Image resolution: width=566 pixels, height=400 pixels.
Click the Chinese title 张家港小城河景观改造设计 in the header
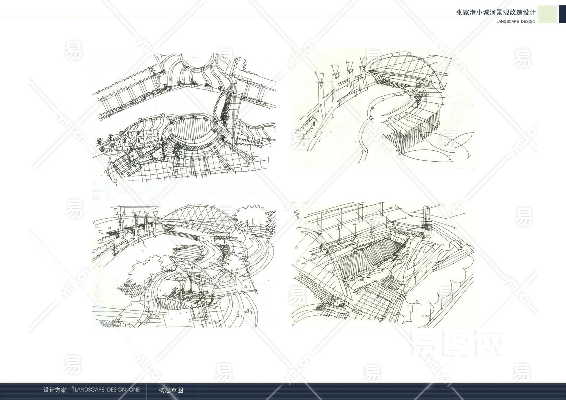pos(496,12)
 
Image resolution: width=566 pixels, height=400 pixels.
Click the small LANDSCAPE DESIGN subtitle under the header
pos(516,22)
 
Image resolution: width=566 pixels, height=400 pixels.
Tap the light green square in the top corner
pos(547,14)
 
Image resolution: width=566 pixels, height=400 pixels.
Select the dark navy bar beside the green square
pos(562,14)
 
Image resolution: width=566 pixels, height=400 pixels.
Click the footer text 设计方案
pos(55,390)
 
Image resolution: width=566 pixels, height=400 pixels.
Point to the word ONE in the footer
pos(134,390)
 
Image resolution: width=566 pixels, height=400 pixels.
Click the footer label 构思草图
pos(171,390)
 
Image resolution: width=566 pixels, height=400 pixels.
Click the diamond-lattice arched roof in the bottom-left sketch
pos(198,219)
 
